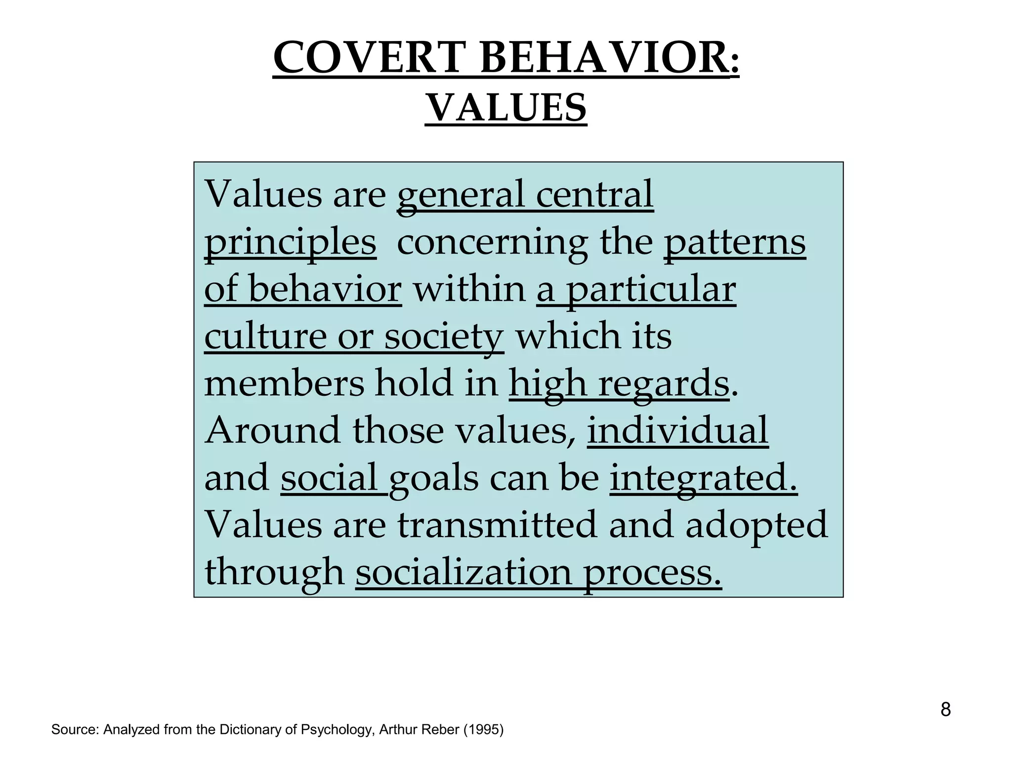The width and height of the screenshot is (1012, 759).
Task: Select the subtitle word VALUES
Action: click(x=506, y=108)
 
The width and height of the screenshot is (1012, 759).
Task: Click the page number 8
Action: click(x=945, y=710)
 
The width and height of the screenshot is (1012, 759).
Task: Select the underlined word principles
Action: click(x=290, y=242)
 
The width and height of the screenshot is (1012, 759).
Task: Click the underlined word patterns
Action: click(x=734, y=242)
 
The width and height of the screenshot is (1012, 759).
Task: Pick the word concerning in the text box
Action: click(x=492, y=242)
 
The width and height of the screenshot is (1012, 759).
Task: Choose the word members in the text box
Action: click(x=284, y=383)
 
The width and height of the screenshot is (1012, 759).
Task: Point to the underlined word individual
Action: click(x=677, y=430)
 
